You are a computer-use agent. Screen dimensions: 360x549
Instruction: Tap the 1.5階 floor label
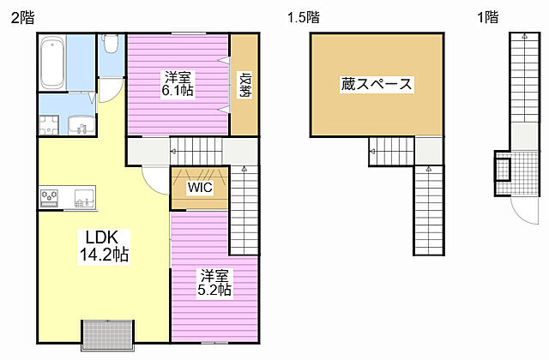pos(303,16)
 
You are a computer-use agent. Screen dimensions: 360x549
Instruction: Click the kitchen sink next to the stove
pos(83,199)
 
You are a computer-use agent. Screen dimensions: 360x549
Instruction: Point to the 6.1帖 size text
pos(178,89)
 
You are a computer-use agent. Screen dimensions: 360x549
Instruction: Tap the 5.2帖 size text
pos(214,290)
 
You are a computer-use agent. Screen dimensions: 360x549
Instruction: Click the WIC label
pos(200,186)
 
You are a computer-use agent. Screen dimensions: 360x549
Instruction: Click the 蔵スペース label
pos(377,84)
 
